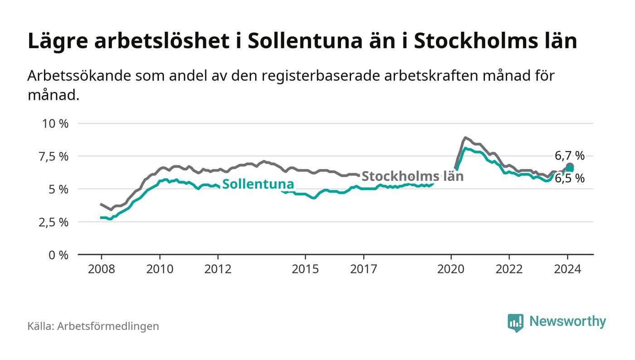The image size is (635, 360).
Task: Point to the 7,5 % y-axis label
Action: click(55, 156)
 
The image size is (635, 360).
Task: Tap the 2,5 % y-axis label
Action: click(55, 222)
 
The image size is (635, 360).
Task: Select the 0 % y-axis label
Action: click(59, 255)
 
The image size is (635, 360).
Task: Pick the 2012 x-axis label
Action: click(218, 269)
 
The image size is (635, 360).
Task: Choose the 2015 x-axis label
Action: click(306, 269)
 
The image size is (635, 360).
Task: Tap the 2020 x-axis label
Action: click(451, 269)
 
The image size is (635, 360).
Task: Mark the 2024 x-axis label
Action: click(567, 269)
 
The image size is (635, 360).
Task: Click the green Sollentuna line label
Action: click(258, 184)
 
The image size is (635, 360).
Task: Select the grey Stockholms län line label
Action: click(412, 176)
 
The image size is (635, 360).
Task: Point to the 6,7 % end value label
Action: click(570, 156)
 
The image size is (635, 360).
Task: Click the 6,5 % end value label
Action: click(570, 179)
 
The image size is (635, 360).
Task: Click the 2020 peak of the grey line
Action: click(465, 137)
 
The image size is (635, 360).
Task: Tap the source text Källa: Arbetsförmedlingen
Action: click(93, 326)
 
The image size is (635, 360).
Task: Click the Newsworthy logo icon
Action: click(515, 322)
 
